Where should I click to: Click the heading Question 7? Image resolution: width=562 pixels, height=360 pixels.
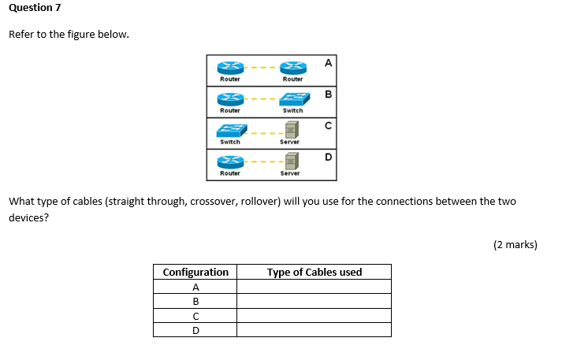(x=35, y=8)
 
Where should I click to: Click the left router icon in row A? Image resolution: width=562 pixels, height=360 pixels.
(x=230, y=68)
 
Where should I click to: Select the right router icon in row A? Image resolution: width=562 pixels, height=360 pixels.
(x=292, y=68)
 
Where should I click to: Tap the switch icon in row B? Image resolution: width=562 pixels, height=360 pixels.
(x=292, y=98)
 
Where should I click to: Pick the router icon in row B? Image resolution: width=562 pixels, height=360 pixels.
(x=230, y=98)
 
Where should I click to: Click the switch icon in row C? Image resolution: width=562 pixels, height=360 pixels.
(x=230, y=131)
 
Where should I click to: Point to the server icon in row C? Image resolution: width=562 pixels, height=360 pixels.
(x=291, y=130)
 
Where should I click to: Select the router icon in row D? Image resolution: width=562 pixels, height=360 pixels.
(x=230, y=161)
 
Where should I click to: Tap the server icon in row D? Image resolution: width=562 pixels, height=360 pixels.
(x=291, y=161)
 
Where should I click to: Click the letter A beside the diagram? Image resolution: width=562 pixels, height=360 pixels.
(x=328, y=62)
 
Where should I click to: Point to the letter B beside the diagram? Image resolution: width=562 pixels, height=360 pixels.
(x=328, y=95)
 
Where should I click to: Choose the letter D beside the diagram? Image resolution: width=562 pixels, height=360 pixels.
(x=328, y=157)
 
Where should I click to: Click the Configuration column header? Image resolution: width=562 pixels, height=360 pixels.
(x=195, y=273)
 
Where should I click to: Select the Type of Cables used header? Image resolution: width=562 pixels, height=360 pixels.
(x=314, y=273)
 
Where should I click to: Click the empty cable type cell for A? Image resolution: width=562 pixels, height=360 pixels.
(x=314, y=287)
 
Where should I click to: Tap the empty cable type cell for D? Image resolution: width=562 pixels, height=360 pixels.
(x=314, y=330)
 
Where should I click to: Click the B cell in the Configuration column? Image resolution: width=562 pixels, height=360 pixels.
(x=195, y=301)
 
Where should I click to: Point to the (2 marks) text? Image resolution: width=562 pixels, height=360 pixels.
(x=515, y=244)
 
